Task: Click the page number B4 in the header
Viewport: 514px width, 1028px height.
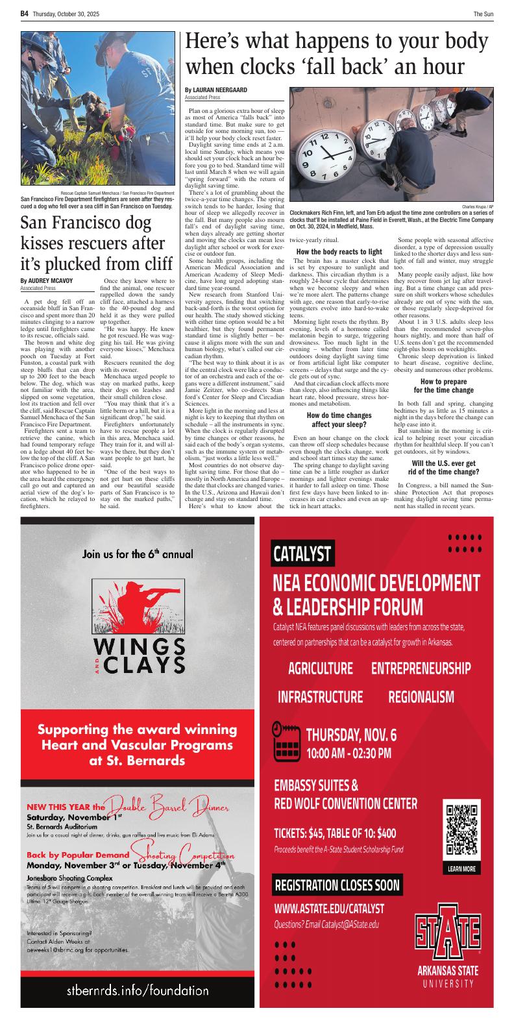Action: click(25, 13)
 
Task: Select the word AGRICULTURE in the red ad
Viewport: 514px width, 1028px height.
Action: click(321, 668)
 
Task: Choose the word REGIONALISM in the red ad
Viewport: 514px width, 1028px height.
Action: click(421, 697)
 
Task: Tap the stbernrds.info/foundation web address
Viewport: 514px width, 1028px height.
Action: click(138, 990)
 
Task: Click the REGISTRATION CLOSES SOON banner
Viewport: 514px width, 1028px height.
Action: click(337, 885)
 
